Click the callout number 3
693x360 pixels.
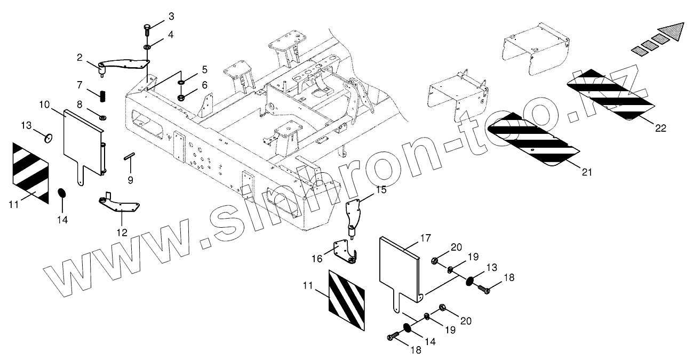pos(171,17)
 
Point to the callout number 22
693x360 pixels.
pos(662,127)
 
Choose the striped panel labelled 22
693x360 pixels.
pos(610,94)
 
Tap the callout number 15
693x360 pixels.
pos(380,189)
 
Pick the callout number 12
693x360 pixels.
pos(123,232)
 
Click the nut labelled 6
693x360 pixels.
pos(180,98)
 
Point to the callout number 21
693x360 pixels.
pos(587,172)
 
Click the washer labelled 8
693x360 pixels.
pos(103,116)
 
